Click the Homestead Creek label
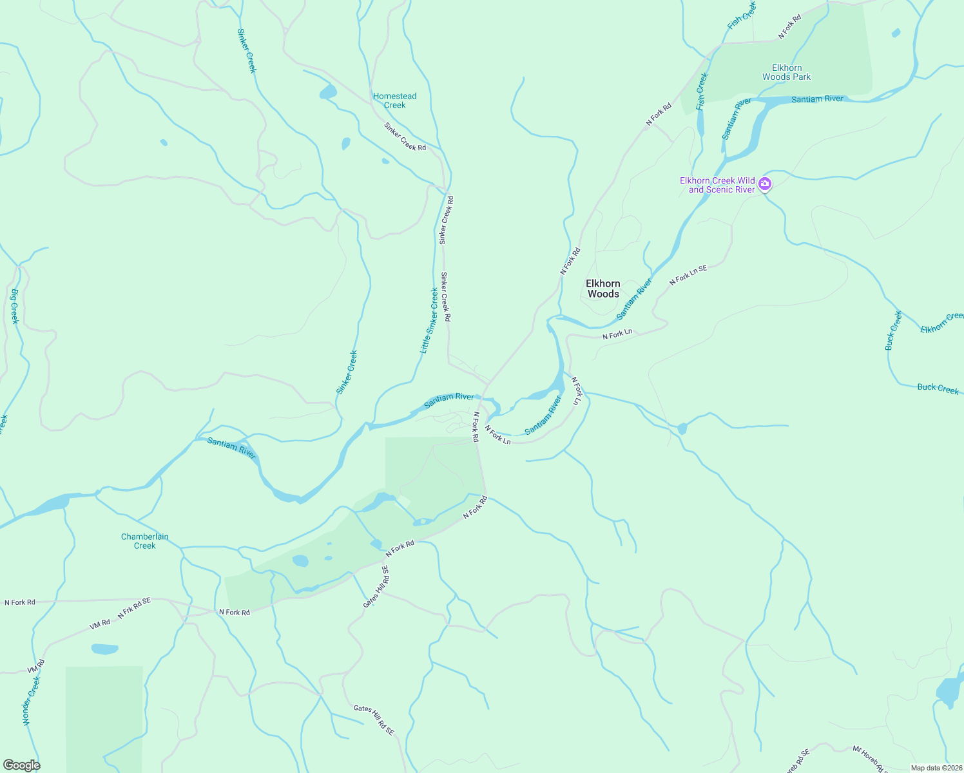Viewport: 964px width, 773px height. [394, 100]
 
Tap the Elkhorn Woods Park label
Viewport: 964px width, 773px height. [786, 72]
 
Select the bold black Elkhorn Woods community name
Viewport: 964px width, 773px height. [602, 289]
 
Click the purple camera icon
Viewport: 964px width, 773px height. [765, 184]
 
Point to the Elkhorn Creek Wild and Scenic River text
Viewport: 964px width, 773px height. [717, 185]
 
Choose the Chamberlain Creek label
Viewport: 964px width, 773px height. [145, 541]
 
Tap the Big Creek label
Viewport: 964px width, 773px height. [14, 307]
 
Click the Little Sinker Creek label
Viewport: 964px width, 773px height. [429, 321]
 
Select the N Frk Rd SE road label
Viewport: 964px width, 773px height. [134, 608]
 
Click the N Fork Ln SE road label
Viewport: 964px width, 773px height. [688, 275]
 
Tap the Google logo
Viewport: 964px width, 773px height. [21, 765]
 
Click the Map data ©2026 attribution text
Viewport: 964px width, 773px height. [936, 767]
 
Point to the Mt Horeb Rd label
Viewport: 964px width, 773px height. [870, 758]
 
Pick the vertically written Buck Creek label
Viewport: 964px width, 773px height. [893, 330]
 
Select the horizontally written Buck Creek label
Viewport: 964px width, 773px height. [938, 388]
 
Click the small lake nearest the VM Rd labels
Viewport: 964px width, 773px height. [104, 649]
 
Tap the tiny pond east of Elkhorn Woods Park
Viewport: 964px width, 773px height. [896, 33]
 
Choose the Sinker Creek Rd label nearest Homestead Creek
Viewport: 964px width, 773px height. [405, 137]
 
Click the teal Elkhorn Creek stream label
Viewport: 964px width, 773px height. [942, 323]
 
